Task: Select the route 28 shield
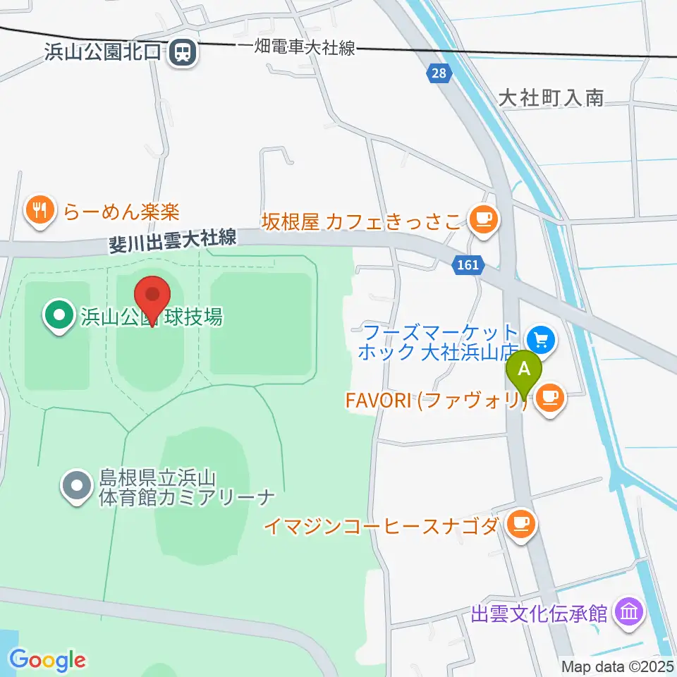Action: pyautogui.click(x=439, y=73)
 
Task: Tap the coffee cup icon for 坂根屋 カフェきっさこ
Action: pyautogui.click(x=483, y=219)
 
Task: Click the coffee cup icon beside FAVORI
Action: pyautogui.click(x=550, y=398)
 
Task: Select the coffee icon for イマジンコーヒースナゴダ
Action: pyautogui.click(x=521, y=523)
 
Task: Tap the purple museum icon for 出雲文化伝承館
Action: pyautogui.click(x=627, y=611)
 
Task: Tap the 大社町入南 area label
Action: pyautogui.click(x=551, y=98)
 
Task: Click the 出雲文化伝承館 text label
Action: pyautogui.click(x=539, y=614)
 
